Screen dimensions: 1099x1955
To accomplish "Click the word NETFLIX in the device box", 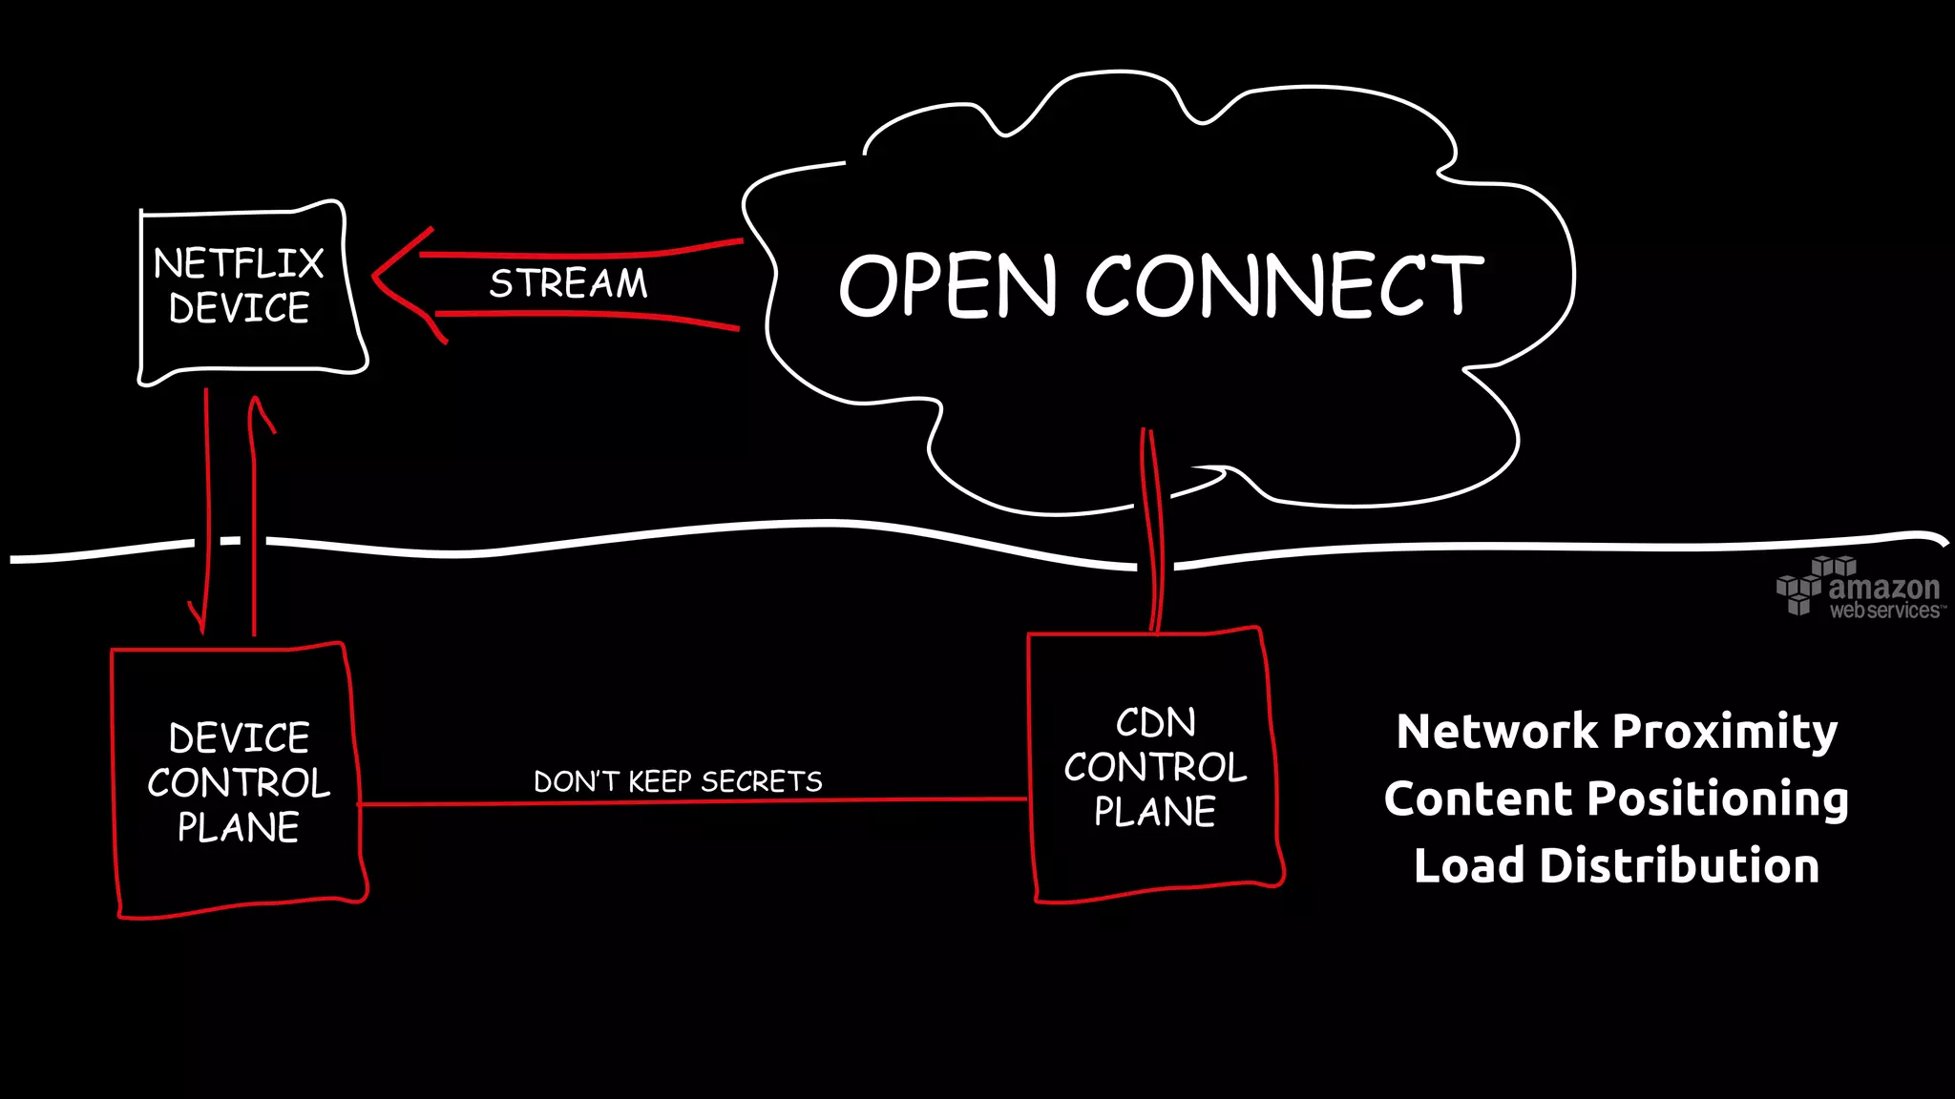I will coord(239,263).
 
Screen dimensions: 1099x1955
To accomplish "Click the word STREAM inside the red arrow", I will coord(568,283).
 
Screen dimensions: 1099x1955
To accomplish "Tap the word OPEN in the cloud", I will coord(948,285).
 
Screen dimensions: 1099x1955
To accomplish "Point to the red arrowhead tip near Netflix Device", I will coord(375,276).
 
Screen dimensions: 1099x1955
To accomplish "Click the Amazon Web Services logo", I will coord(1859,589).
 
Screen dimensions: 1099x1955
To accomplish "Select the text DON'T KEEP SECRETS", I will coord(678,781).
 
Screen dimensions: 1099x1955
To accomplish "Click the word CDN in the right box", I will coord(1155,723).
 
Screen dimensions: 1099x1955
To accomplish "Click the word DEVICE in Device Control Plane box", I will coord(239,738).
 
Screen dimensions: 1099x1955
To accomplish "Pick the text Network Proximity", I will coord(1616,732).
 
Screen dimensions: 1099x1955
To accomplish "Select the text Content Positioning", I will coord(1616,798).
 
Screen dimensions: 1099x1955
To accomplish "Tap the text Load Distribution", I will coord(1616,866).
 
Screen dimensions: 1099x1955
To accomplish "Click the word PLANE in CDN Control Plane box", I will coord(1155,812).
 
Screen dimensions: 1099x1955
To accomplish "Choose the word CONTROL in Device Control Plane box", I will coord(239,783).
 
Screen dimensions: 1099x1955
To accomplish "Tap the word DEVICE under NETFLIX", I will coord(239,308).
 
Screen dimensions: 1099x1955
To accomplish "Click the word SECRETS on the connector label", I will coord(761,781).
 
